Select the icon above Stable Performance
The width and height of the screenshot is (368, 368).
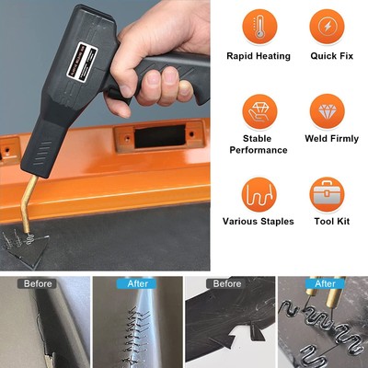pyautogui.click(x=259, y=111)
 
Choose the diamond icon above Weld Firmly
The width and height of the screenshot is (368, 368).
pyautogui.click(x=328, y=111)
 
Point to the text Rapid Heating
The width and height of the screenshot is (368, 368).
pyautogui.click(x=259, y=56)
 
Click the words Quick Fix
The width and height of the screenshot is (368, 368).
pyautogui.click(x=328, y=56)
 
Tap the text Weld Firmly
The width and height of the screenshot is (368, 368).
pyautogui.click(x=328, y=139)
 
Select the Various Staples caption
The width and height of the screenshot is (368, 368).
pyautogui.click(x=259, y=222)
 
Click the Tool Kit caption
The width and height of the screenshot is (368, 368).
pyautogui.click(x=328, y=222)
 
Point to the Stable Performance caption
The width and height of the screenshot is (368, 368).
pyautogui.click(x=259, y=144)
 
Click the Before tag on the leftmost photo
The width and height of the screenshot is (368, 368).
pyautogui.click(x=39, y=284)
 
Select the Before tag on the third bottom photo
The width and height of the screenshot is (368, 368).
pyautogui.click(x=227, y=284)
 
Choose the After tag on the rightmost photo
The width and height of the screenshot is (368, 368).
pyautogui.click(x=324, y=284)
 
